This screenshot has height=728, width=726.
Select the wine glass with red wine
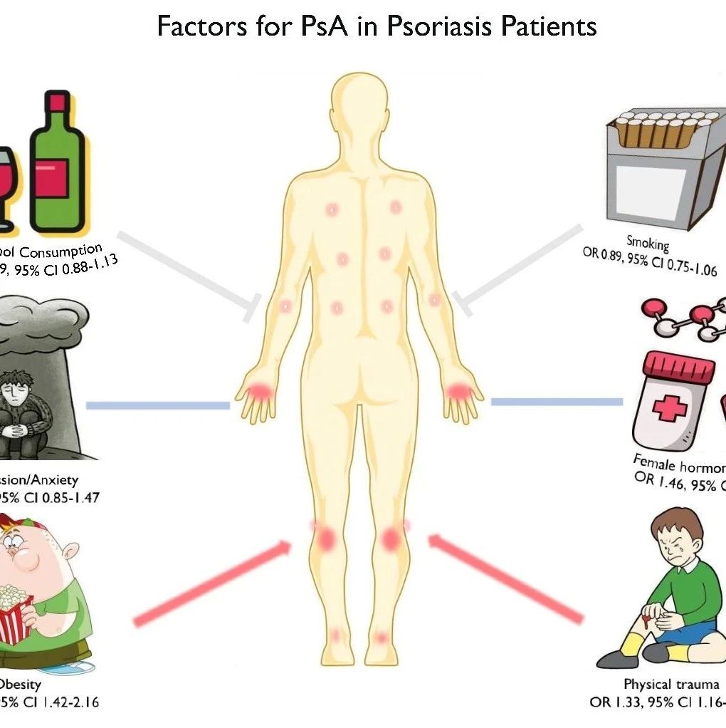click(7, 185)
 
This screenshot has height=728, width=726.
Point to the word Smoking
click(648, 245)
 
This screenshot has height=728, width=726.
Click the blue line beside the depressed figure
click(157, 406)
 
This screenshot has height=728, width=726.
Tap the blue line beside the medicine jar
click(556, 402)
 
